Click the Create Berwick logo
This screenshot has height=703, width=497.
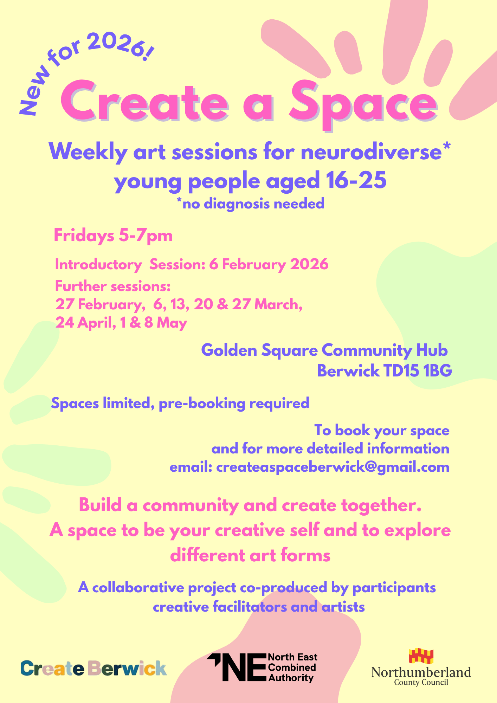coord(93,668)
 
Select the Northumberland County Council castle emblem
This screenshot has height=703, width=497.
coord(421,656)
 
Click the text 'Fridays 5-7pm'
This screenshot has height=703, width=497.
coord(113,236)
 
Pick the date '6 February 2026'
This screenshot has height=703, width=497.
coord(269,264)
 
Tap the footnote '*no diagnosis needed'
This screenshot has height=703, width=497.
coord(250,204)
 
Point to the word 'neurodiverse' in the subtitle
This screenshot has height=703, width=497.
coord(371,152)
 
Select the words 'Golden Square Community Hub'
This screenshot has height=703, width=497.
coord(324,350)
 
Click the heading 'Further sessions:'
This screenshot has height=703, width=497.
coord(113,286)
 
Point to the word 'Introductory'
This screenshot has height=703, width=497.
coord(98,264)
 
